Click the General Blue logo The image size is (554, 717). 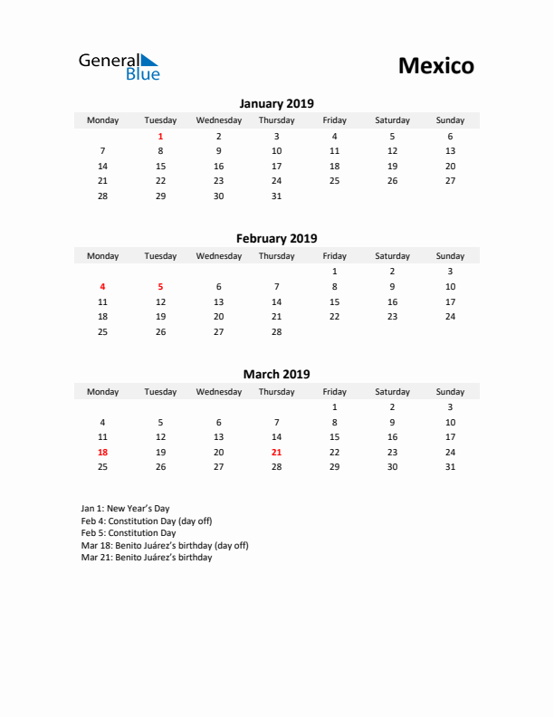tap(119, 66)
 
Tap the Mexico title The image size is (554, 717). tap(435, 66)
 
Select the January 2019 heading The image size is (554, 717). tap(276, 103)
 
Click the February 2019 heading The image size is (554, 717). tap(276, 239)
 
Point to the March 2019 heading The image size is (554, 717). tap(276, 374)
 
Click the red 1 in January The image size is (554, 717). tap(160, 136)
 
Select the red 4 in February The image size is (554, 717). tap(102, 286)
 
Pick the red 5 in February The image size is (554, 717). tap(160, 286)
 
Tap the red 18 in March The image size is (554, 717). tap(102, 452)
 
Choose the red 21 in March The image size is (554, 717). tap(276, 452)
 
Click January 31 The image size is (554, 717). tap(276, 196)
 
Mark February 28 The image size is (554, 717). tap(276, 331)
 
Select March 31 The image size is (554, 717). tap(450, 467)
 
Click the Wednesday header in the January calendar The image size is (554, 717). tap(218, 120)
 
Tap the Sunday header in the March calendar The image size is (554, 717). tap(450, 392)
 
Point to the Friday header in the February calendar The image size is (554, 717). tap(334, 256)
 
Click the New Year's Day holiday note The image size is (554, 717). tap(125, 509)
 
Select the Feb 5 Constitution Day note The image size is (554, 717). tap(128, 533)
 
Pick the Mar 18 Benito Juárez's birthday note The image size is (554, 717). tap(164, 546)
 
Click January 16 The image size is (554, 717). tap(218, 166)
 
